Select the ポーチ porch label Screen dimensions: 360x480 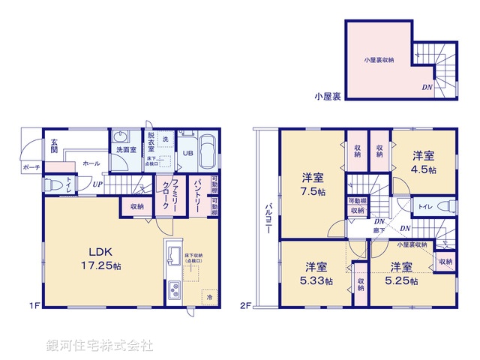[31, 167]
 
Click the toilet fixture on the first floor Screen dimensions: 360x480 [52, 184]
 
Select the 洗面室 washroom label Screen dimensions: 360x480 [125, 150]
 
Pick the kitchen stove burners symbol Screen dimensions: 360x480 [173, 289]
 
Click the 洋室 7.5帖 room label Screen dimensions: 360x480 [313, 184]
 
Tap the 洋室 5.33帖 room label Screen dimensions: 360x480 [316, 273]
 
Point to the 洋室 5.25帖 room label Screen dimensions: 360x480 [401, 273]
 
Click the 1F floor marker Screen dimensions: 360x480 [34, 304]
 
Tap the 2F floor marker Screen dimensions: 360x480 [245, 304]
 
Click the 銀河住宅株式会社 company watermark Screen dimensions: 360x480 [98, 346]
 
